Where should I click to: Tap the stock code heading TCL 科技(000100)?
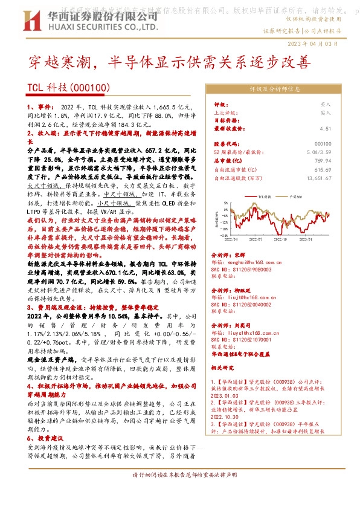click(68, 88)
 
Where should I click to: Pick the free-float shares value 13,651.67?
click(318, 178)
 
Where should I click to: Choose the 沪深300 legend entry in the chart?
click(297, 196)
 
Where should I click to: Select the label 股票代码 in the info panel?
click(224, 144)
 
